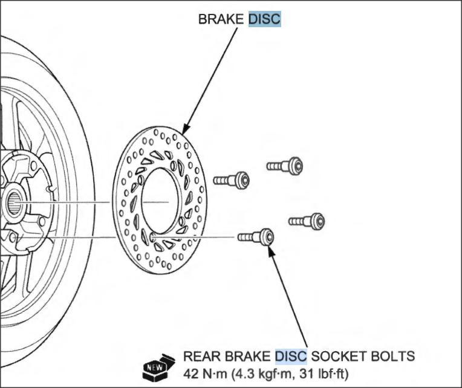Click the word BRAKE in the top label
click(x=221, y=19)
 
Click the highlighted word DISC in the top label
click(x=265, y=19)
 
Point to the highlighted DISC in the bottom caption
click(x=291, y=356)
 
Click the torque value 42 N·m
click(x=205, y=374)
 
